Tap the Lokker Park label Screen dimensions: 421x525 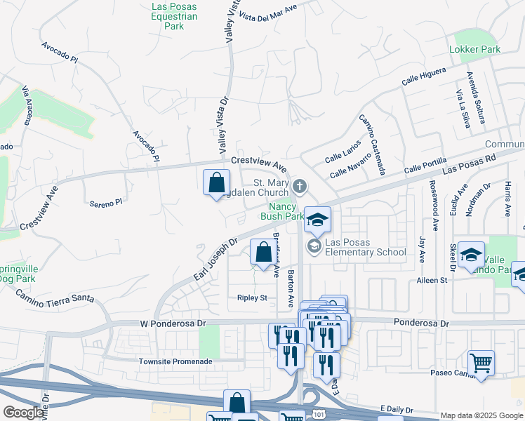pyautogui.click(x=475, y=50)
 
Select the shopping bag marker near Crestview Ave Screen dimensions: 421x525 pyautogui.click(x=217, y=183)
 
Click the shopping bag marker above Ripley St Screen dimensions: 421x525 pyautogui.click(x=263, y=253)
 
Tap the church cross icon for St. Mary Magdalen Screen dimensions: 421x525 pyautogui.click(x=300, y=187)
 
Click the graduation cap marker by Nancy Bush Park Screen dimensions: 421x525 pyautogui.click(x=317, y=220)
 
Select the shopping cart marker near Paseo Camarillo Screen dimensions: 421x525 pyautogui.click(x=481, y=363)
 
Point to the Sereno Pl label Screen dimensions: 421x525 pyautogui.click(x=105, y=202)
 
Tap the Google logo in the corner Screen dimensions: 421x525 pyautogui.click(x=22, y=413)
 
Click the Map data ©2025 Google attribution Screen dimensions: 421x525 pyautogui.click(x=481, y=415)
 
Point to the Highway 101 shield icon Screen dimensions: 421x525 pyautogui.click(x=319, y=415)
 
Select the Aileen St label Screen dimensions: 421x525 pyautogui.click(x=432, y=280)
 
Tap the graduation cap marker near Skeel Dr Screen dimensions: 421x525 pyautogui.click(x=472, y=255)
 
